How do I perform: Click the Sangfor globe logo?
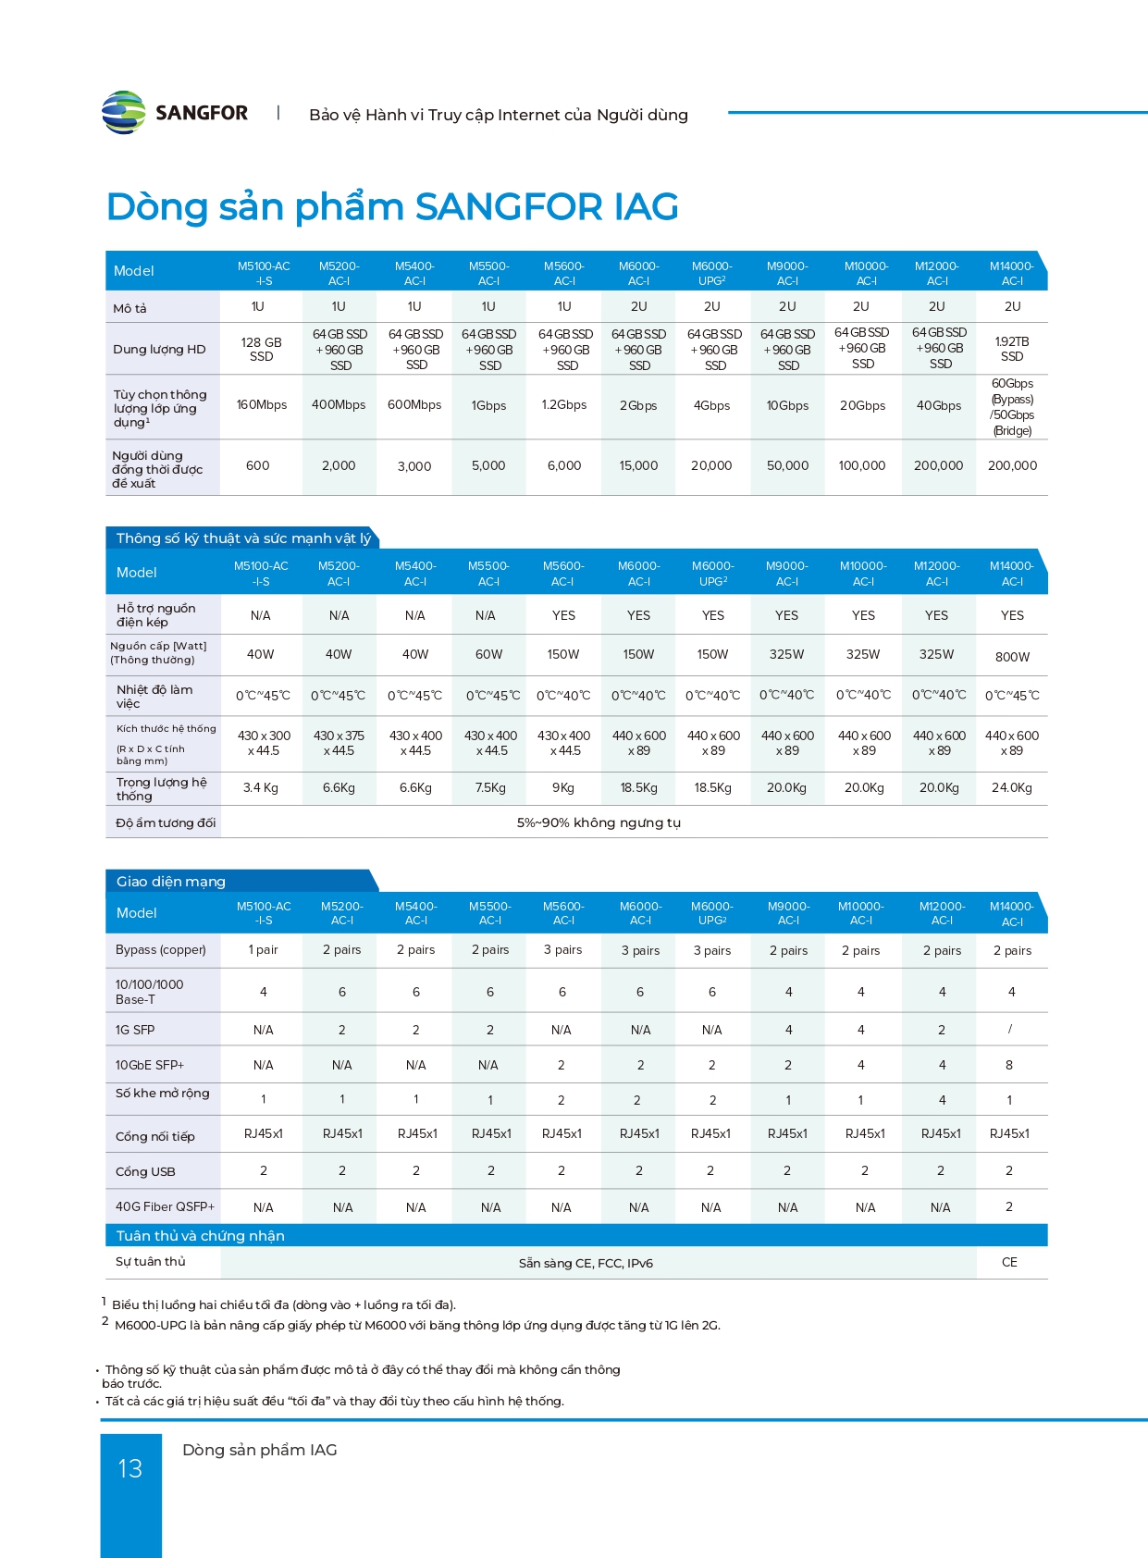click(124, 113)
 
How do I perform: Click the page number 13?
click(130, 1468)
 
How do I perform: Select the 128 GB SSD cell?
click(261, 350)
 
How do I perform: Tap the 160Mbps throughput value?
click(262, 405)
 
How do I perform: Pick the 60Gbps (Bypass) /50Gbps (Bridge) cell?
click(1012, 407)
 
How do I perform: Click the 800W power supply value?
click(1012, 657)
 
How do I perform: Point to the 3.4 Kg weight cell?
click(261, 788)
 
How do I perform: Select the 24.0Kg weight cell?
click(1012, 788)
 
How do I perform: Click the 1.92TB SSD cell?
click(1012, 349)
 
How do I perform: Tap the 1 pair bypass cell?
click(263, 950)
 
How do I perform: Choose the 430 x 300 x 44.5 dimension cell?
click(264, 743)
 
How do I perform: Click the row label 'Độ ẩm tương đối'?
click(166, 823)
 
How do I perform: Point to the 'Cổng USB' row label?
click(145, 1171)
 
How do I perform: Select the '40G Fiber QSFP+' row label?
click(165, 1206)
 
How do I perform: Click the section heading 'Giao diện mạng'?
click(171, 882)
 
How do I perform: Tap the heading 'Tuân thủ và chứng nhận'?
click(201, 1236)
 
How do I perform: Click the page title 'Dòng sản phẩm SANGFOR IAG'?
click(392, 206)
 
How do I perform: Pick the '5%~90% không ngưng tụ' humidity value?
click(599, 822)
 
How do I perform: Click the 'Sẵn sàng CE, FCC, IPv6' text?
click(586, 1263)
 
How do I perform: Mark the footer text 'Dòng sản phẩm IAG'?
click(260, 1450)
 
